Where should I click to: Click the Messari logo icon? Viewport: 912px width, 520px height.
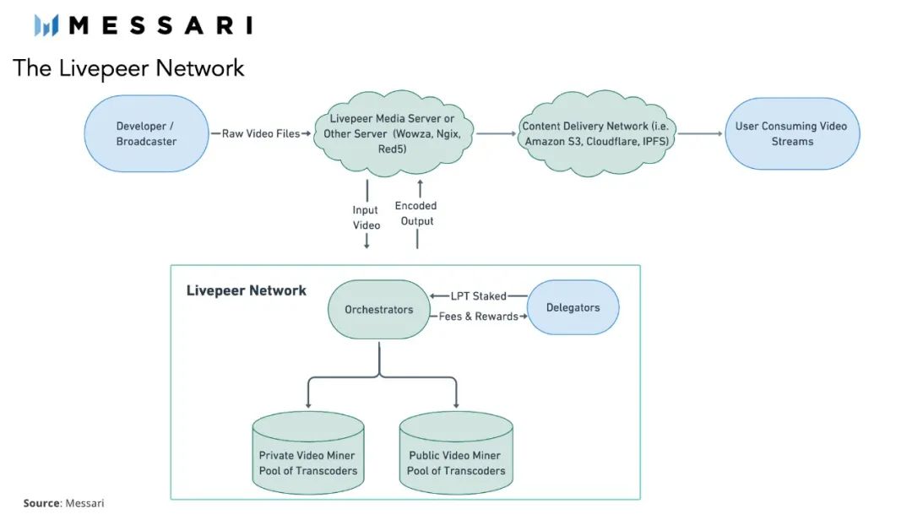[46, 25]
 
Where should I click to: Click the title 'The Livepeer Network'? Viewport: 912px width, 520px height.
[128, 68]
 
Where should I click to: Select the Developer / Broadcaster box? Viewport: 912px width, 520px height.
[146, 134]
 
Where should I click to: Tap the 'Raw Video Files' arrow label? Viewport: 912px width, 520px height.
[261, 133]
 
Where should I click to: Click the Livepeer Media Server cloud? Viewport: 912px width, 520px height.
[391, 133]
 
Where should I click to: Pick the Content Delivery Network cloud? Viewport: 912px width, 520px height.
[597, 133]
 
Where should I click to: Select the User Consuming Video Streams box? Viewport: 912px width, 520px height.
[791, 134]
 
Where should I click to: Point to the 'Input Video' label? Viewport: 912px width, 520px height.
[366, 218]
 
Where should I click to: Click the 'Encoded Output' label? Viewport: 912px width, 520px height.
[416, 214]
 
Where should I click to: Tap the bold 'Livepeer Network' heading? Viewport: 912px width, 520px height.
[246, 290]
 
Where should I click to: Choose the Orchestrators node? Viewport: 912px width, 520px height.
[379, 310]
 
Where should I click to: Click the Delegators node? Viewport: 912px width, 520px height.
[573, 307]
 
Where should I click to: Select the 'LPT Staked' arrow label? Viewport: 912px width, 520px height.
[478, 296]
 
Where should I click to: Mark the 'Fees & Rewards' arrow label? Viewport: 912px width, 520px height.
[478, 317]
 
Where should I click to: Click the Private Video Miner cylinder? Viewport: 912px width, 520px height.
[308, 456]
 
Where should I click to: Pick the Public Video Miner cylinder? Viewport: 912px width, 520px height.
[456, 456]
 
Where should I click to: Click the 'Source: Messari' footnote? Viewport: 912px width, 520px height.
[63, 503]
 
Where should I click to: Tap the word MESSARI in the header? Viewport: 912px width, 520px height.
[160, 25]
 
